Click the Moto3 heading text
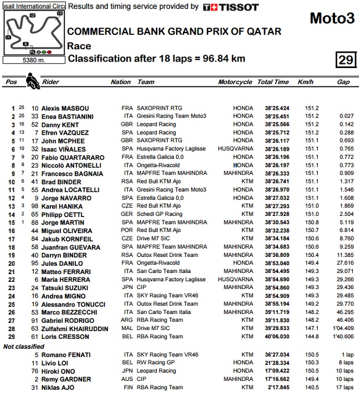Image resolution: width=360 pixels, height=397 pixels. coord(332,18)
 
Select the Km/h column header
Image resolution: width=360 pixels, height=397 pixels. coord(306,82)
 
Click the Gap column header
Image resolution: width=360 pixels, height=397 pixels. coord(343,82)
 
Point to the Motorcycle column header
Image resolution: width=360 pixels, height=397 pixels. coord(235,82)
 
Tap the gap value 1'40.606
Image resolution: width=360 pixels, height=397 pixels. coord(343,337)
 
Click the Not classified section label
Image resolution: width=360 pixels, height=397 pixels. coord(24,347)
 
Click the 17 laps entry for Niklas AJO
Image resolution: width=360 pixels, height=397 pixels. coord(344,388)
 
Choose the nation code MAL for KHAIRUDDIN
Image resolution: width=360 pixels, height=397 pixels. coord(128,328)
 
